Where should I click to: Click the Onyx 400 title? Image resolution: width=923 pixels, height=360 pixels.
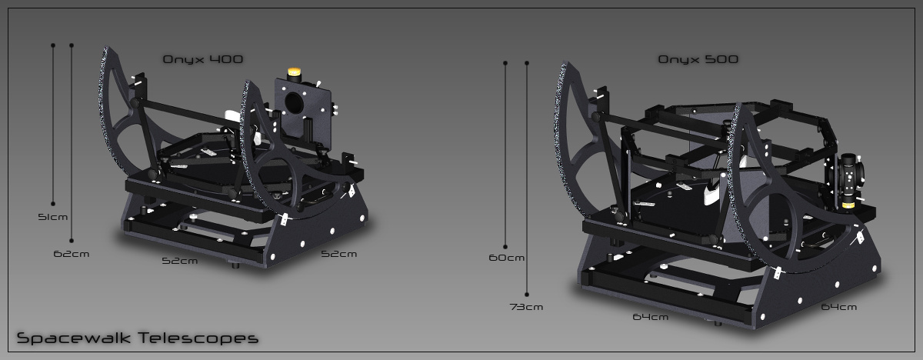pos(203,59)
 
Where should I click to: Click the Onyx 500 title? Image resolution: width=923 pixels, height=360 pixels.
pos(698,59)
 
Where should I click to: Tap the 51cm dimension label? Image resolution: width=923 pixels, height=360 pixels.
pos(53,217)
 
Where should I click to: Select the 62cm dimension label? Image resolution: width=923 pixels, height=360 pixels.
pos(72,254)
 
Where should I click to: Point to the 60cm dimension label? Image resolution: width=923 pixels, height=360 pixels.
pos(506,258)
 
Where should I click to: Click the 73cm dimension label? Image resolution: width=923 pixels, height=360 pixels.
pos(526,307)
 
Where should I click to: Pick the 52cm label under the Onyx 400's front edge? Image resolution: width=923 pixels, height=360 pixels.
pos(180,261)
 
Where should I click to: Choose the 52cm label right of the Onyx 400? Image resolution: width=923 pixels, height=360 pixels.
pos(338,254)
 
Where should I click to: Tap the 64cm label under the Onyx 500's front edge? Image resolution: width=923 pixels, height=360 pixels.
pos(650,317)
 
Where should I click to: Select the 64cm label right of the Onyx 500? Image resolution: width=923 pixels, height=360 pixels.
pos(838,307)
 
